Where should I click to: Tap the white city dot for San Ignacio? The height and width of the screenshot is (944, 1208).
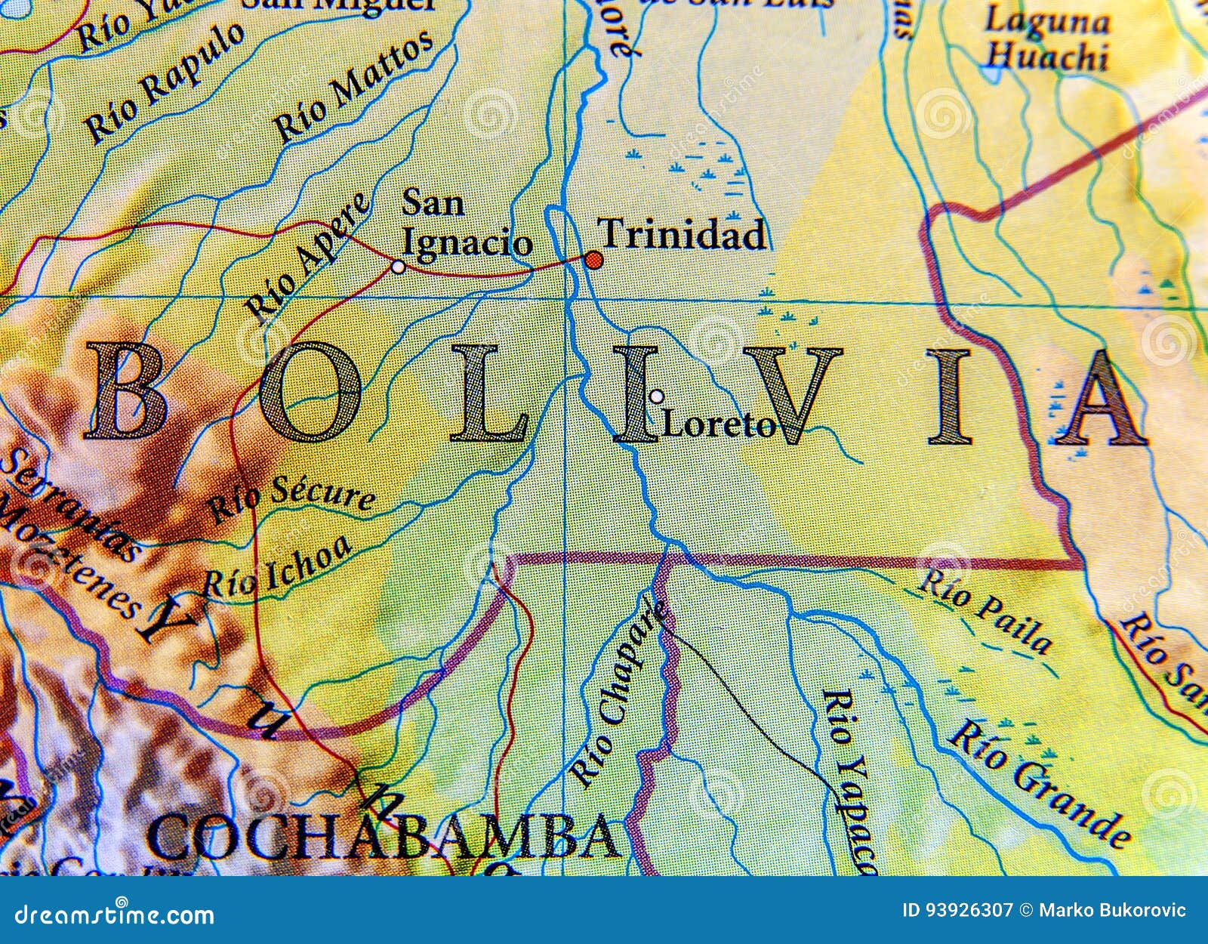[x=398, y=266]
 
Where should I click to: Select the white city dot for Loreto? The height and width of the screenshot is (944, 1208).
[x=657, y=396]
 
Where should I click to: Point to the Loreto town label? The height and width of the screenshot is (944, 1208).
[x=718, y=427]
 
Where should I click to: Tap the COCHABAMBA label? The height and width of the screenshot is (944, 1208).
[x=385, y=837]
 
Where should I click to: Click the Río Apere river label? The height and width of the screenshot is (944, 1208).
[x=310, y=257]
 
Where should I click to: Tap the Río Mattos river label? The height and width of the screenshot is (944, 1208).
[x=353, y=87]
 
